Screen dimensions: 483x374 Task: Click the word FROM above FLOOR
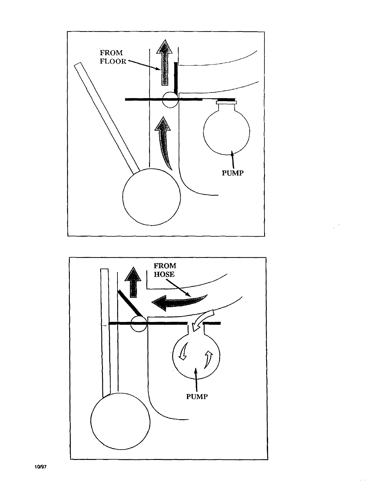pos(111,53)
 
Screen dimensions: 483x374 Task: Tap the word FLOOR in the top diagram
pos(113,61)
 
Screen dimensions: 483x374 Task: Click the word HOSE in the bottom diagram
pos(165,274)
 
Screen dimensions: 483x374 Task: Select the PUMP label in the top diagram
pos(233,173)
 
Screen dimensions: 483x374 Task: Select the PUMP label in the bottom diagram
pos(197,397)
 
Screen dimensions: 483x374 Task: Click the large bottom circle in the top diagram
pos(151,197)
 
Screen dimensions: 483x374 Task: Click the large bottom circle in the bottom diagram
pos(120,422)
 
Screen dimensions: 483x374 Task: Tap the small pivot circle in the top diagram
pos(170,100)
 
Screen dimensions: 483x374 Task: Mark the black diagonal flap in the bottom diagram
pos(130,303)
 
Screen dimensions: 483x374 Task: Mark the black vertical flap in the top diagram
pos(175,78)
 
